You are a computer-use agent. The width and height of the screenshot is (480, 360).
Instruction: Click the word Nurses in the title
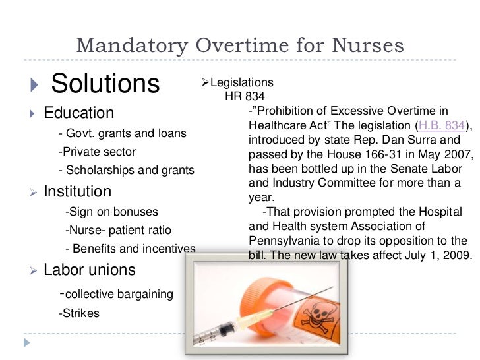[x=368, y=45]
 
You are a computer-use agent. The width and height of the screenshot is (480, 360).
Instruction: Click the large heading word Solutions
[x=105, y=84]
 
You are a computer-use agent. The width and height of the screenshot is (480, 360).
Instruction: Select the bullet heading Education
[x=79, y=113]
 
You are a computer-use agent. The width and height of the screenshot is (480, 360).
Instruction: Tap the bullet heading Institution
[x=78, y=191]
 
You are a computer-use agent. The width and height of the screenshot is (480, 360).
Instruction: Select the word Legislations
[x=241, y=82]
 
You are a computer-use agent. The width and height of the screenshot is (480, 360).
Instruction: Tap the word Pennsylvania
[x=283, y=241]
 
